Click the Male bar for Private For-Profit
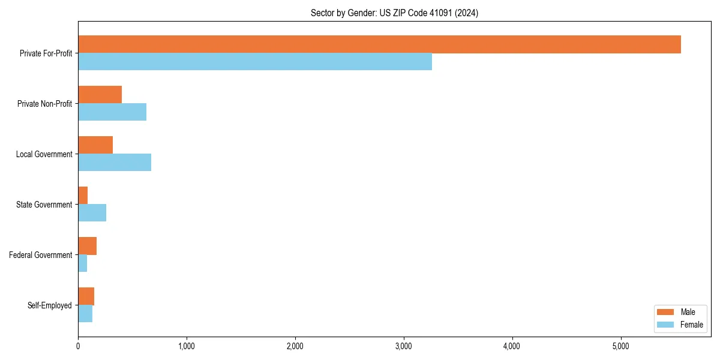pyautogui.click(x=379, y=44)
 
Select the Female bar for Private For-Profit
pyautogui.click(x=255, y=62)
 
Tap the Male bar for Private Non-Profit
pyautogui.click(x=100, y=95)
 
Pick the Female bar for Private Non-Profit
pyautogui.click(x=112, y=112)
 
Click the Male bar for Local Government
pyautogui.click(x=95, y=145)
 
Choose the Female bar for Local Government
pyautogui.click(x=115, y=163)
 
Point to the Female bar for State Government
pyautogui.click(x=92, y=213)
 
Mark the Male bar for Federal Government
pyautogui.click(x=87, y=246)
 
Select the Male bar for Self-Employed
pyautogui.click(x=86, y=296)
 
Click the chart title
pyautogui.click(x=394, y=13)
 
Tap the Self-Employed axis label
pyautogui.click(x=50, y=305)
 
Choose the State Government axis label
pyautogui.click(x=44, y=205)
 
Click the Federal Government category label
pyautogui.click(x=41, y=255)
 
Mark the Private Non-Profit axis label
pyautogui.click(x=44, y=104)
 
